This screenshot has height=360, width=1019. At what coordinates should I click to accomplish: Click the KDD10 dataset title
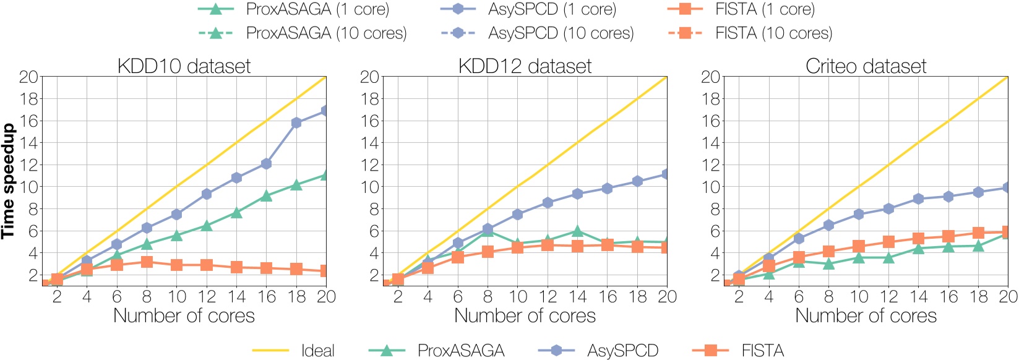[184, 66]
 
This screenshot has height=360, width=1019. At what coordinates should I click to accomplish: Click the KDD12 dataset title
[525, 66]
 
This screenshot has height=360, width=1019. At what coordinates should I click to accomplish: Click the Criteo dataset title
[866, 66]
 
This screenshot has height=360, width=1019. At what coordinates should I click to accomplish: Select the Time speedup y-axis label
[8, 181]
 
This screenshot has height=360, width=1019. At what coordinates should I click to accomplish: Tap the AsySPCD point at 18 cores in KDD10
[296, 122]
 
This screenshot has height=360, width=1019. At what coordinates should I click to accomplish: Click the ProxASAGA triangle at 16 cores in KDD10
[266, 195]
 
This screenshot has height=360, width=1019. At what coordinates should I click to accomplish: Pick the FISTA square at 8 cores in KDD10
[147, 262]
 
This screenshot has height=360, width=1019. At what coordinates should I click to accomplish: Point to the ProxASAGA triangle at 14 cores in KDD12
[577, 231]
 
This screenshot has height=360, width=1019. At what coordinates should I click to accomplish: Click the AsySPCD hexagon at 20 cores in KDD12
[666, 174]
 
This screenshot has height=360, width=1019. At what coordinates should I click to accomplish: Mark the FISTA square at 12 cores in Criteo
[888, 242]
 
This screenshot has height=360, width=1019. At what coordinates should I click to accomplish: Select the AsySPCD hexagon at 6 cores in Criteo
[799, 238]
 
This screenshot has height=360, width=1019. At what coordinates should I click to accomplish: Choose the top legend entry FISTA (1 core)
[765, 9]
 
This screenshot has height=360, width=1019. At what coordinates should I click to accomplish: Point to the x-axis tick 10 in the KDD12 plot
[518, 297]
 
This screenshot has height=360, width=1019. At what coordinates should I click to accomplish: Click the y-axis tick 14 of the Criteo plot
[711, 143]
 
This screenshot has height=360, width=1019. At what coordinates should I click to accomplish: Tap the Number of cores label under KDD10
[184, 315]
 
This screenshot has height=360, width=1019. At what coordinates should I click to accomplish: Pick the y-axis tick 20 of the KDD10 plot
[29, 77]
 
